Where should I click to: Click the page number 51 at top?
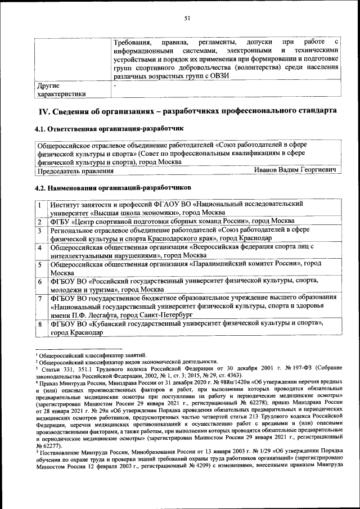point(187,18)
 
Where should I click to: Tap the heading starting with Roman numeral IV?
point(187,110)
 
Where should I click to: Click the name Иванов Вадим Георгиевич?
point(295,169)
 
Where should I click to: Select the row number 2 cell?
point(40,221)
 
